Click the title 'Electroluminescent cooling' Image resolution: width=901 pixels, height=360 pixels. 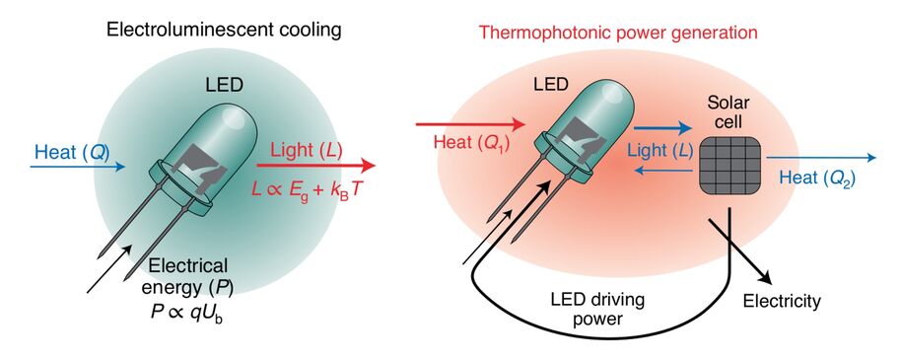click(x=224, y=31)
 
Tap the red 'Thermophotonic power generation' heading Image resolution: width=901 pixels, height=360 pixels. click(x=618, y=32)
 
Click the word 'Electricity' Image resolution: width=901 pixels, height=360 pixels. click(x=782, y=301)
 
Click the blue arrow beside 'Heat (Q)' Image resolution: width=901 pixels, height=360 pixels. click(x=79, y=167)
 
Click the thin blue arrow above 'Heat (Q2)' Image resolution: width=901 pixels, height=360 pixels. click(x=818, y=158)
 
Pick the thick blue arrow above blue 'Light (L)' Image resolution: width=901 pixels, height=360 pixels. click(x=661, y=128)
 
